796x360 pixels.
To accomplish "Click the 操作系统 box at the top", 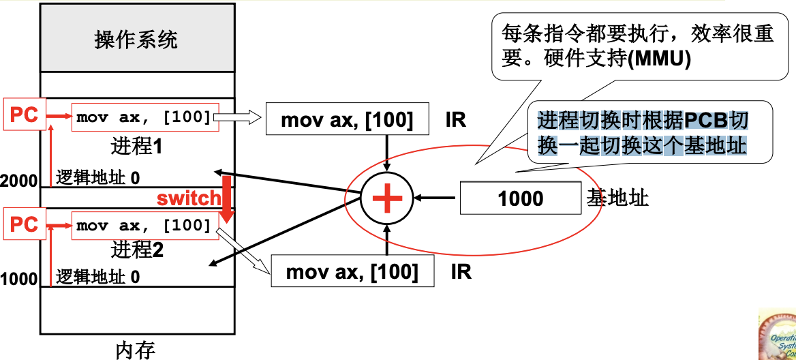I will (x=136, y=38).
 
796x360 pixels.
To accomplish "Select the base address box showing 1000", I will (x=520, y=198).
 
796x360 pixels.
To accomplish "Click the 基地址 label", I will (x=617, y=198).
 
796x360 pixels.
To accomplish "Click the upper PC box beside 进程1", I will (x=24, y=116).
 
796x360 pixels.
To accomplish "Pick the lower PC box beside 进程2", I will (x=24, y=224).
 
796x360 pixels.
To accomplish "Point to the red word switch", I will (x=189, y=198).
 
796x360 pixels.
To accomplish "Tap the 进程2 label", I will (x=137, y=250).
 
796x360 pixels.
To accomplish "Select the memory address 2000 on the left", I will (x=18, y=181).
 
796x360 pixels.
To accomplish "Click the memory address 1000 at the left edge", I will (x=18, y=278).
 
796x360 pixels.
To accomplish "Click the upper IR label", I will (x=455, y=121).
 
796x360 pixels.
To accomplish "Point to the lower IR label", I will (x=461, y=272).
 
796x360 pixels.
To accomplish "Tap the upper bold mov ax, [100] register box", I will (x=347, y=121).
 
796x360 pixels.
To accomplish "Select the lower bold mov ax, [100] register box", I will (x=352, y=272).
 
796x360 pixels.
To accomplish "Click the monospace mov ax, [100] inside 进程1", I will (x=144, y=117).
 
